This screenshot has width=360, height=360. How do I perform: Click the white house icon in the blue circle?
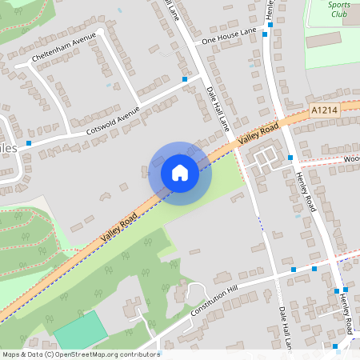coord(180,172)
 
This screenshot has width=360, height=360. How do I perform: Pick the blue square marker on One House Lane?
coord(270,25)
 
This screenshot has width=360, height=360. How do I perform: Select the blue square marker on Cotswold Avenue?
coord(185,79)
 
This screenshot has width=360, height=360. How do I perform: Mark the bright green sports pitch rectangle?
coord(81,329)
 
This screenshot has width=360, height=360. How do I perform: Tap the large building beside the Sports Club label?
coord(323,38)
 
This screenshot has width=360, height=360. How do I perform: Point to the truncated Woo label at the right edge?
coord(351,158)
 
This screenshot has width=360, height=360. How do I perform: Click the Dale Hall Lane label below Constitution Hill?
coord(282,328)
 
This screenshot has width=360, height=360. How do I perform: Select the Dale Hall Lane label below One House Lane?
coord(217,109)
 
